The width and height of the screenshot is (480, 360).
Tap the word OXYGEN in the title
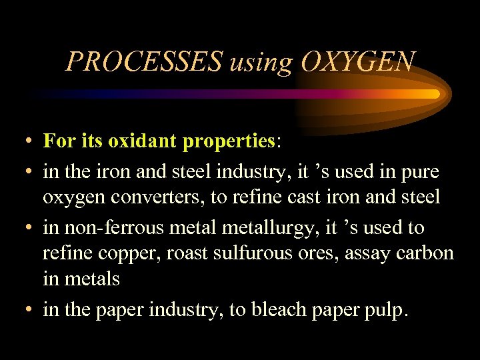click(x=358, y=62)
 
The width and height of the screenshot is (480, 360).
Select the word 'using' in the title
click(x=261, y=64)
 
